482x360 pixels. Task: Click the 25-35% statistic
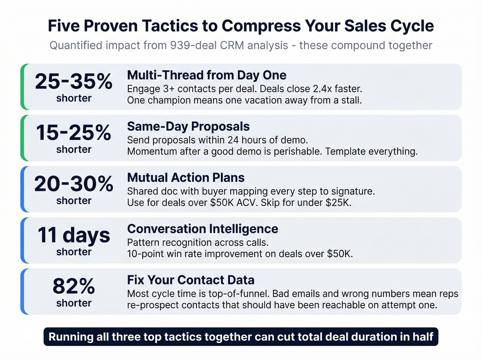pos(74,82)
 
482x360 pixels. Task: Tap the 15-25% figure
pos(74,133)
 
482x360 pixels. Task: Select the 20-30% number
pos(74,184)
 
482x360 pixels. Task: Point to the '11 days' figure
pos(74,235)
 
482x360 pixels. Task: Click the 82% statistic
pos(74,286)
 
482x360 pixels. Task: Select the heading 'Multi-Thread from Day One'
pos(207,75)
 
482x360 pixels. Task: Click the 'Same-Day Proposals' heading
pos(188,126)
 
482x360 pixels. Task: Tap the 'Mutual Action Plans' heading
pos(186,177)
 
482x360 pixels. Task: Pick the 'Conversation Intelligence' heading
pos(202,229)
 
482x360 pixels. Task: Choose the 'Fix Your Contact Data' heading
pos(191,280)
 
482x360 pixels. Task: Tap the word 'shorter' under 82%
pos(74,303)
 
